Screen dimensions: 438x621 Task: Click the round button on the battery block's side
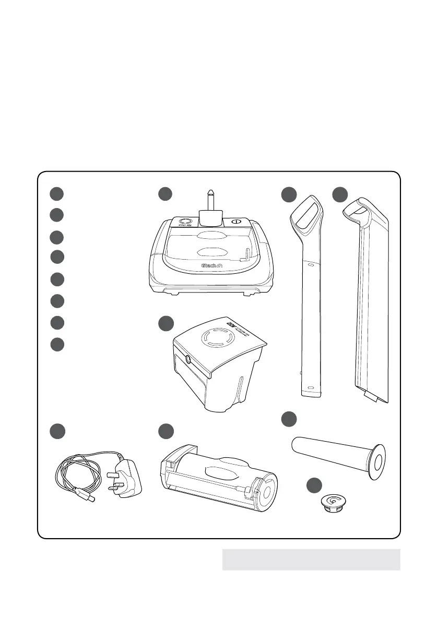point(188,359)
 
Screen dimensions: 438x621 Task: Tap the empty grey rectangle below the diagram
point(311,559)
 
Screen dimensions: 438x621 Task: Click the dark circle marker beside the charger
point(58,431)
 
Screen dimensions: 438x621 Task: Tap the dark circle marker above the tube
point(288,418)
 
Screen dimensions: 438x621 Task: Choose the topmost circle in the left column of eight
point(58,194)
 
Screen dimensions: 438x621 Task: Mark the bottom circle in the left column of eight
point(58,345)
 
